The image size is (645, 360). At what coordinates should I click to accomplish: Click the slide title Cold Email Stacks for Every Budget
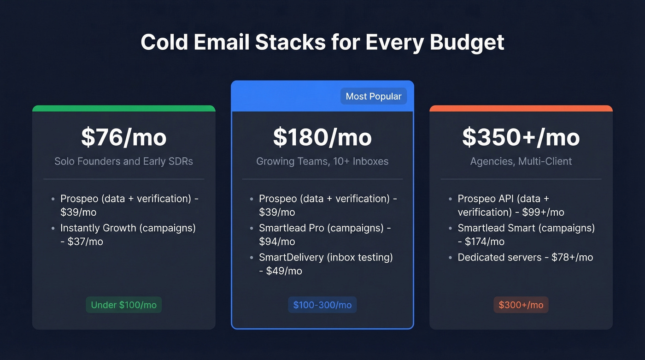[322, 42]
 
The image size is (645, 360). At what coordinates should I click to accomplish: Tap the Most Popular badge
[374, 96]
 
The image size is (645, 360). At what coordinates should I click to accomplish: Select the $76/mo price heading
[123, 137]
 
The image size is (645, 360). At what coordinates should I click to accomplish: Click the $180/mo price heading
[322, 137]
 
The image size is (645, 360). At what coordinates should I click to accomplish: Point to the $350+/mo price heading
[521, 137]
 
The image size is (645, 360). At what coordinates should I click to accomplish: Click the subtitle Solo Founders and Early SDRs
[123, 161]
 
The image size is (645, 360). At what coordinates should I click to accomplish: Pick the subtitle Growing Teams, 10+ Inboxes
[322, 161]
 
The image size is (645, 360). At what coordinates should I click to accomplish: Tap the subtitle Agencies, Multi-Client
[521, 161]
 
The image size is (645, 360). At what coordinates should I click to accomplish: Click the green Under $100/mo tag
[123, 305]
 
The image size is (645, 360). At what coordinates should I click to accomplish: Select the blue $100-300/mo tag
[322, 305]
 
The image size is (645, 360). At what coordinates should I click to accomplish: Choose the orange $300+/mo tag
[521, 305]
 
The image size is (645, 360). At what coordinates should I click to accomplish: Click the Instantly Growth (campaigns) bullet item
[128, 234]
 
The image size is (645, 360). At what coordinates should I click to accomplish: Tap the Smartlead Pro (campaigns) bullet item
[324, 234]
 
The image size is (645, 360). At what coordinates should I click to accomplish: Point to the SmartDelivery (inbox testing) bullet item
[325, 264]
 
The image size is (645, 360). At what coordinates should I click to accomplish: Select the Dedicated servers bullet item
[525, 257]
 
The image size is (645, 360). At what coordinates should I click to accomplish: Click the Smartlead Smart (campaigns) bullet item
[526, 234]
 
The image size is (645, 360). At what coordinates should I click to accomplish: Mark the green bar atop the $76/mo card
[123, 108]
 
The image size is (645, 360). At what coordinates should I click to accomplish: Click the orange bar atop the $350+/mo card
[521, 108]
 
